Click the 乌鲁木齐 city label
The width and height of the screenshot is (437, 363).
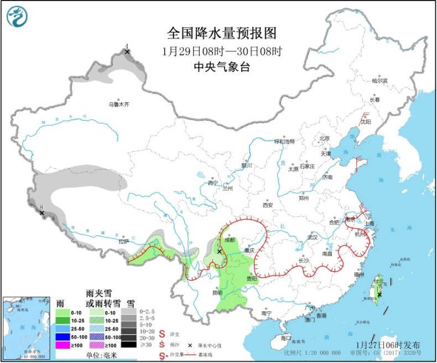click(118, 103)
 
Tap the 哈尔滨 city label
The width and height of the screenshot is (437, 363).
click(380, 81)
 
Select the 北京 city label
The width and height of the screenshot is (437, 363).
click(324, 138)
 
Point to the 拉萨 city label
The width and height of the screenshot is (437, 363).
click(122, 241)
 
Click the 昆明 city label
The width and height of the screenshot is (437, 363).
click(220, 292)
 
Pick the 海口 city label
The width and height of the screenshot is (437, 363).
click(285, 337)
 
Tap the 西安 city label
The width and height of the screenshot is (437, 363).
click(268, 204)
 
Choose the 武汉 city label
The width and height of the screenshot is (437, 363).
click(313, 237)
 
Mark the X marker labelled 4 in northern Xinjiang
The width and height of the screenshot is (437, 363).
click(127, 52)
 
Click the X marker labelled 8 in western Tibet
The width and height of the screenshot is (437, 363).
click(41, 212)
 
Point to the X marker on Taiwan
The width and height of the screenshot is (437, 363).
click(379, 294)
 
